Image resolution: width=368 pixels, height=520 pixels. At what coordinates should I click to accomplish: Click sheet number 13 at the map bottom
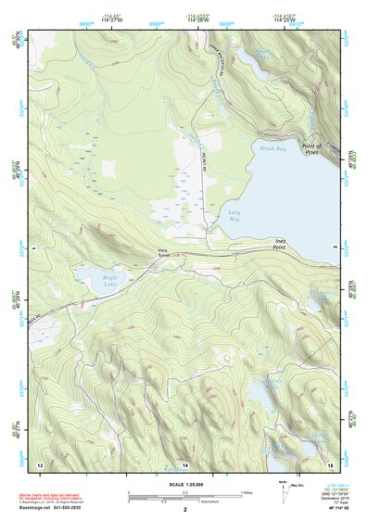40,463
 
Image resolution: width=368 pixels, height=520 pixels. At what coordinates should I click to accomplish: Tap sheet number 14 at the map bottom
184,463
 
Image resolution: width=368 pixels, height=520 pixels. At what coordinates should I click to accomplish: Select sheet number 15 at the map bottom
330,463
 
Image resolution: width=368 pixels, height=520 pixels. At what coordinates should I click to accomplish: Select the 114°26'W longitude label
197,20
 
